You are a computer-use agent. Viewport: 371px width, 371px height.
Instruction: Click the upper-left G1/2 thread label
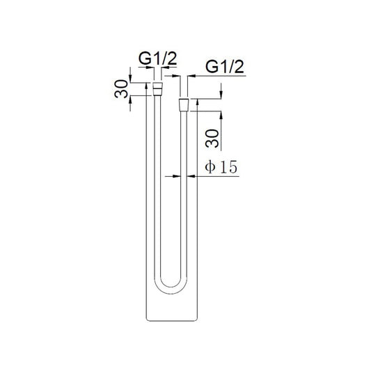(x=157, y=58)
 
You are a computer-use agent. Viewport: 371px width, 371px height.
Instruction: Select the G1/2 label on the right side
(x=225, y=67)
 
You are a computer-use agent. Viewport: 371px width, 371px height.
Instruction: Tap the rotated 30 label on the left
(x=121, y=88)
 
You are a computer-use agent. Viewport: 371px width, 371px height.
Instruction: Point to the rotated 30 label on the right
(x=212, y=139)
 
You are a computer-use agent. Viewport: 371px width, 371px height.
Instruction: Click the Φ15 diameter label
(x=221, y=167)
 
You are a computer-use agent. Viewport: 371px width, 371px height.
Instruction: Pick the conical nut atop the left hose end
(x=157, y=88)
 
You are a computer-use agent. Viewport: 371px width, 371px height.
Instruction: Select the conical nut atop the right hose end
(x=184, y=105)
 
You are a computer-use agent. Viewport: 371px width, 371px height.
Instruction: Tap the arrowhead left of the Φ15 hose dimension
(x=177, y=176)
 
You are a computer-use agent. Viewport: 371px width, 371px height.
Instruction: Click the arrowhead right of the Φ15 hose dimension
(x=191, y=176)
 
